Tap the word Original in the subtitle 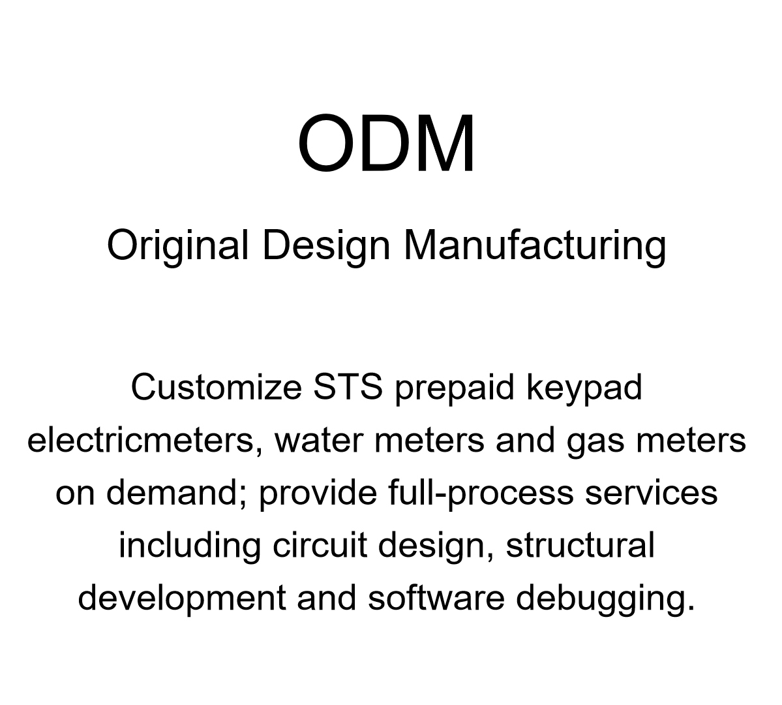tap(177, 246)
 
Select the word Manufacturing tap(535, 246)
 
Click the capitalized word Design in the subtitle tap(326, 246)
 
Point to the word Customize tap(216, 387)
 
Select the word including tap(190, 546)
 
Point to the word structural tap(580, 545)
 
